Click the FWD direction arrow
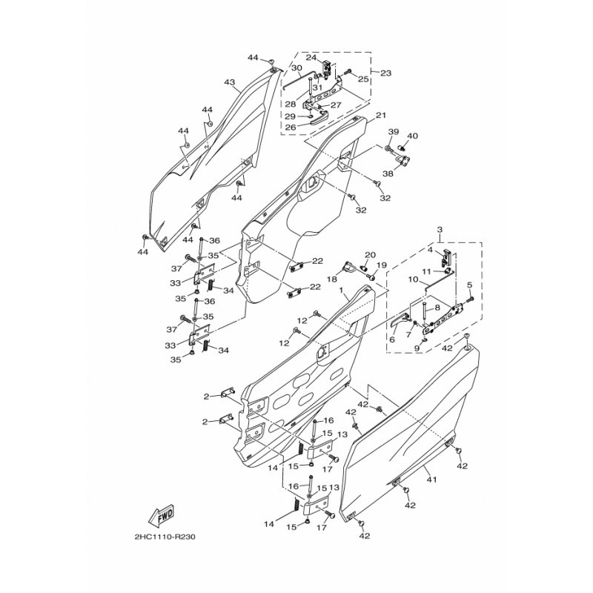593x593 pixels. coord(161,515)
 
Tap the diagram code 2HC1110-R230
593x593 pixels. coord(165,537)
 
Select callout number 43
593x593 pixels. coord(230,82)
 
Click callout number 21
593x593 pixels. coord(380,115)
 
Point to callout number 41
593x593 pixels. coord(431,480)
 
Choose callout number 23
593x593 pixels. coord(385,73)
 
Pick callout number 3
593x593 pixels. coord(440,230)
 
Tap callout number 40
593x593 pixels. coord(413,136)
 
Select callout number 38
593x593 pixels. coord(388,173)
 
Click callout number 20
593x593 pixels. coord(370,254)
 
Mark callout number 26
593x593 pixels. coord(291,127)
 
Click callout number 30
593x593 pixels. coord(296,67)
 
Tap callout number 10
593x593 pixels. coord(413,279)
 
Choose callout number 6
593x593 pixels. coord(392,339)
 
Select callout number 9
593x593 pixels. coord(417,348)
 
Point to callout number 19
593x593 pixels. coord(381,265)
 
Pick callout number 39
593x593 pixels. coord(394,132)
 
